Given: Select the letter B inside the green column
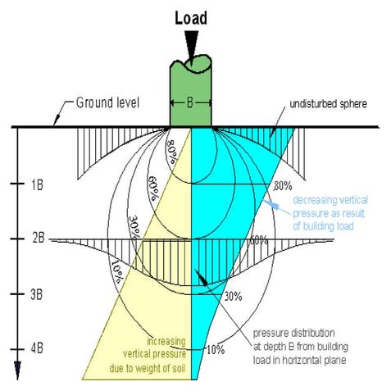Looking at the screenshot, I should pos(190,103).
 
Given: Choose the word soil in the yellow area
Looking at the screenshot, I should pos(171,368).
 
